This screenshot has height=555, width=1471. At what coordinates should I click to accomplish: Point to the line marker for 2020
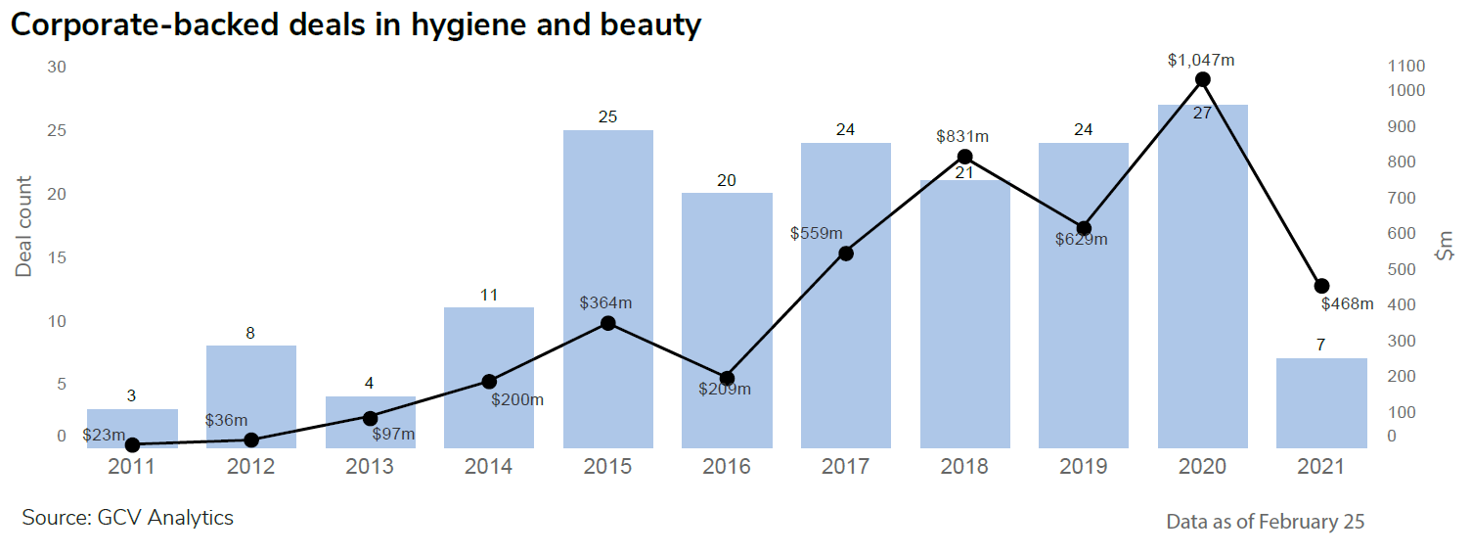1203,79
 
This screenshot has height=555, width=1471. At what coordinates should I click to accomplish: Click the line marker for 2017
846,254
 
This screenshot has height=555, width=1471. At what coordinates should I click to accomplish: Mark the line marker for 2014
489,382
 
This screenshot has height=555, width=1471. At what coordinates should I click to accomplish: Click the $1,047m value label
1201,60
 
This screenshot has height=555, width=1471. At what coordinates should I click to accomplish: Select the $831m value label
963,136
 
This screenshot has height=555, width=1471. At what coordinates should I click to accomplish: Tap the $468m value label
1347,303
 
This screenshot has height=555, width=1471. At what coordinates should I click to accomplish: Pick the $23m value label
104,435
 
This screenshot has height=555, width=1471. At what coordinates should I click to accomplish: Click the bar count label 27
1203,113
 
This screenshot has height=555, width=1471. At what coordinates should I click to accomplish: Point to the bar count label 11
489,294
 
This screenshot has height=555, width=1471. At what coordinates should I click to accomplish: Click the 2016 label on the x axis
727,466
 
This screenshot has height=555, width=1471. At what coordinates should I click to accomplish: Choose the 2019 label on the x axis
1084,466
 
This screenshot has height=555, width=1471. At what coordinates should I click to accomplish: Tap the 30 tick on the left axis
57,67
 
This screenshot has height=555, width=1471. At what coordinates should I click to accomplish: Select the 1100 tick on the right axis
1406,67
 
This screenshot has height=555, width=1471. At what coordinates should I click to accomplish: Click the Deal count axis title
23,226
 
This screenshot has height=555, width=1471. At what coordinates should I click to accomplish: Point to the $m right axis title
1445,245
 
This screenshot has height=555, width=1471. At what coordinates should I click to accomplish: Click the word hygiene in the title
464,25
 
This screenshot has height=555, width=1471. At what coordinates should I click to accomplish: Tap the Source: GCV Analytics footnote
128,517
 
